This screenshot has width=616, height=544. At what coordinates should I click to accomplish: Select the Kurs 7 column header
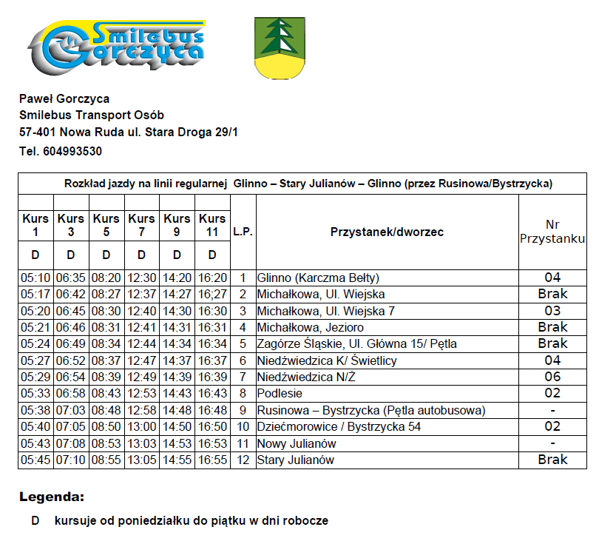point(141,225)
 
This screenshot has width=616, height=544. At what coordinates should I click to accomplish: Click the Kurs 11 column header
point(212,225)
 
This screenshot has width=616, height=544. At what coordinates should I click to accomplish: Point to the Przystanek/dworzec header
point(387,232)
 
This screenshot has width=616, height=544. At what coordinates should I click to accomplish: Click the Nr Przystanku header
point(552,232)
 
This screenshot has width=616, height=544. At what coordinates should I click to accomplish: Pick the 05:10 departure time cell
point(35,278)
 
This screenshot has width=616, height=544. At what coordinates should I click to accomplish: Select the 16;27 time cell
point(212,295)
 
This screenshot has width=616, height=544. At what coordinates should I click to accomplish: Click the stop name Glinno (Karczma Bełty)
point(318,278)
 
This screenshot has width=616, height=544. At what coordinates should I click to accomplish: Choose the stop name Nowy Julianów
point(297,443)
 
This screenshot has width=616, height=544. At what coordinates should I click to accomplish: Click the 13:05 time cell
point(141,460)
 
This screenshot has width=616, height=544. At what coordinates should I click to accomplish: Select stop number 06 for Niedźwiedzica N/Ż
point(552,377)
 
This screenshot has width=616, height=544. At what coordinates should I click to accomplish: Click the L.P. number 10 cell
point(243,427)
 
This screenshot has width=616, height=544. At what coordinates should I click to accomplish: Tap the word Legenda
point(52,497)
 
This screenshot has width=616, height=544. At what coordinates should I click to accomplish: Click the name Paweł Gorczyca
point(64,98)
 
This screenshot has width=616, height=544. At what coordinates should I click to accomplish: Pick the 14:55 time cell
point(177,460)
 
